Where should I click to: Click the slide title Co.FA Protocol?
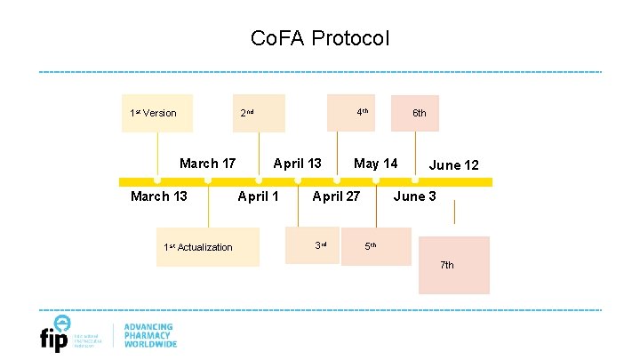(x=320, y=39)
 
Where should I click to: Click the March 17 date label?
(x=207, y=164)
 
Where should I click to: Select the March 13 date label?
(x=159, y=196)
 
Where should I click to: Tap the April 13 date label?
(x=297, y=164)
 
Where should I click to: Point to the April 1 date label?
(x=258, y=196)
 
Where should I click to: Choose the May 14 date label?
(x=376, y=164)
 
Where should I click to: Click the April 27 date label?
(x=336, y=196)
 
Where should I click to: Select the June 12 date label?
(x=453, y=165)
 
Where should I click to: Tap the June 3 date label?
(x=414, y=196)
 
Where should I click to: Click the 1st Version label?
(x=153, y=113)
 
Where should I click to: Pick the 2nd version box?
(x=258, y=113)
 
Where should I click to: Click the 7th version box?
(x=453, y=265)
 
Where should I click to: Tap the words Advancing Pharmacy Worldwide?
(x=150, y=335)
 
